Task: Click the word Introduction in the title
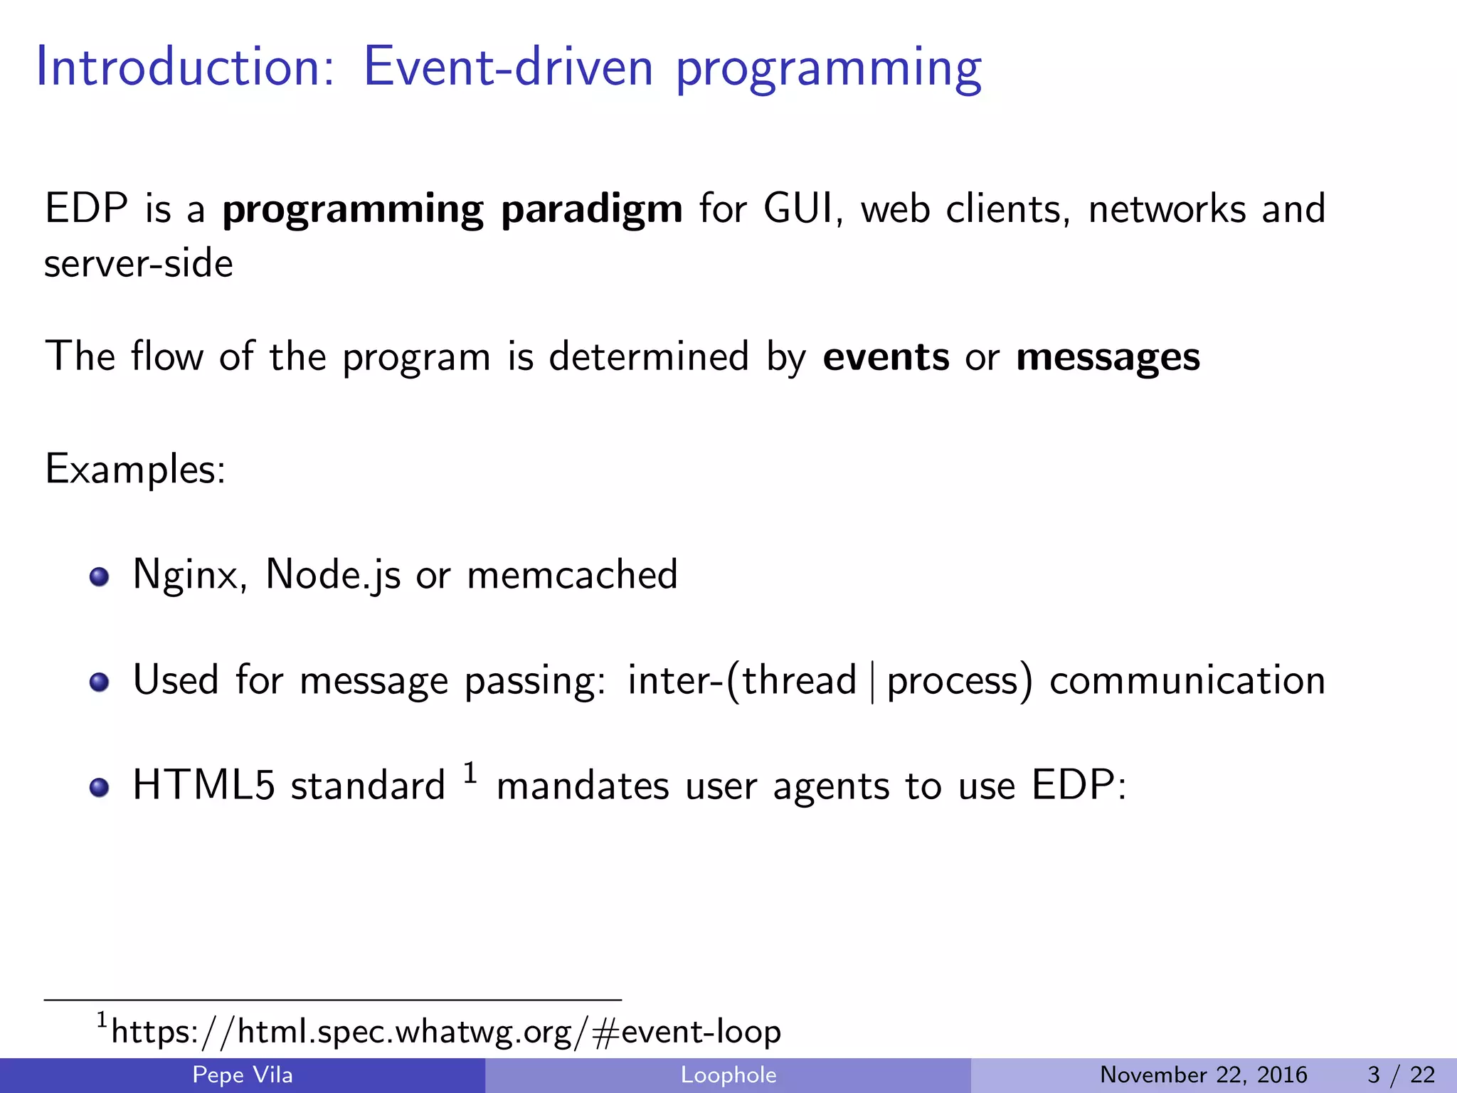tap(184, 68)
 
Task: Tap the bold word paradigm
tap(591, 210)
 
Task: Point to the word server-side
tap(139, 264)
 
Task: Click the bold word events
tap(886, 357)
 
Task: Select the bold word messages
tap(1108, 358)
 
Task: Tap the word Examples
tap(135, 470)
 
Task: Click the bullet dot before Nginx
tap(100, 576)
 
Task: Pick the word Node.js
tap(333, 575)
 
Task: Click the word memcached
tap(572, 575)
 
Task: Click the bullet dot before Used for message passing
tap(100, 682)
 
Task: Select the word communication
tap(1187, 680)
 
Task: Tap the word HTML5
tap(203, 786)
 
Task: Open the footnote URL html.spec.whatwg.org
tap(446, 1032)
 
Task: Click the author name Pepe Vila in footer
tap(243, 1074)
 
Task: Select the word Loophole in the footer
tap(728, 1074)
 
